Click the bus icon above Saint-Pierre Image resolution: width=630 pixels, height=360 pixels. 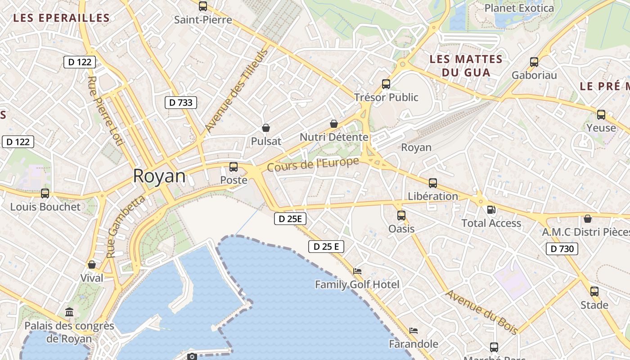(x=203, y=6)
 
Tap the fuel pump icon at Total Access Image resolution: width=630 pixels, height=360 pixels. (x=491, y=210)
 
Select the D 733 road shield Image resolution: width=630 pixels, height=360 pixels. (x=181, y=103)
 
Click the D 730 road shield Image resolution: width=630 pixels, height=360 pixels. (x=562, y=248)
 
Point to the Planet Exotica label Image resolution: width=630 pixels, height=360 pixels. (x=519, y=8)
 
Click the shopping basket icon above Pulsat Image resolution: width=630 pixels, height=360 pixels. (x=266, y=128)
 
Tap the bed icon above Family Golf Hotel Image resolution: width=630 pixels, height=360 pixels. (x=357, y=271)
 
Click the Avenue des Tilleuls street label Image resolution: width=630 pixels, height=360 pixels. (x=236, y=90)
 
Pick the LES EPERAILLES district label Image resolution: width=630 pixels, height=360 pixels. (x=62, y=18)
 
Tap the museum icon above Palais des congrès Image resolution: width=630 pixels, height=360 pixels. (x=69, y=312)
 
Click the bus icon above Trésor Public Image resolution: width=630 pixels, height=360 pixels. (x=386, y=84)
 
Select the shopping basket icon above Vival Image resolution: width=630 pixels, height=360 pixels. (x=92, y=265)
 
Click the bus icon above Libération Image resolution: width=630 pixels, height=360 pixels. (x=433, y=183)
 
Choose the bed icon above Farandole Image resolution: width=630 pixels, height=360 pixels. (x=414, y=331)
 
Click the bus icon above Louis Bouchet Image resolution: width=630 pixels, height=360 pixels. (x=45, y=193)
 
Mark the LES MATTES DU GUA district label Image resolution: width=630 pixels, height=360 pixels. (x=466, y=66)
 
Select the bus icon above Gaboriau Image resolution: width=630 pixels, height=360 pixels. (x=534, y=62)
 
